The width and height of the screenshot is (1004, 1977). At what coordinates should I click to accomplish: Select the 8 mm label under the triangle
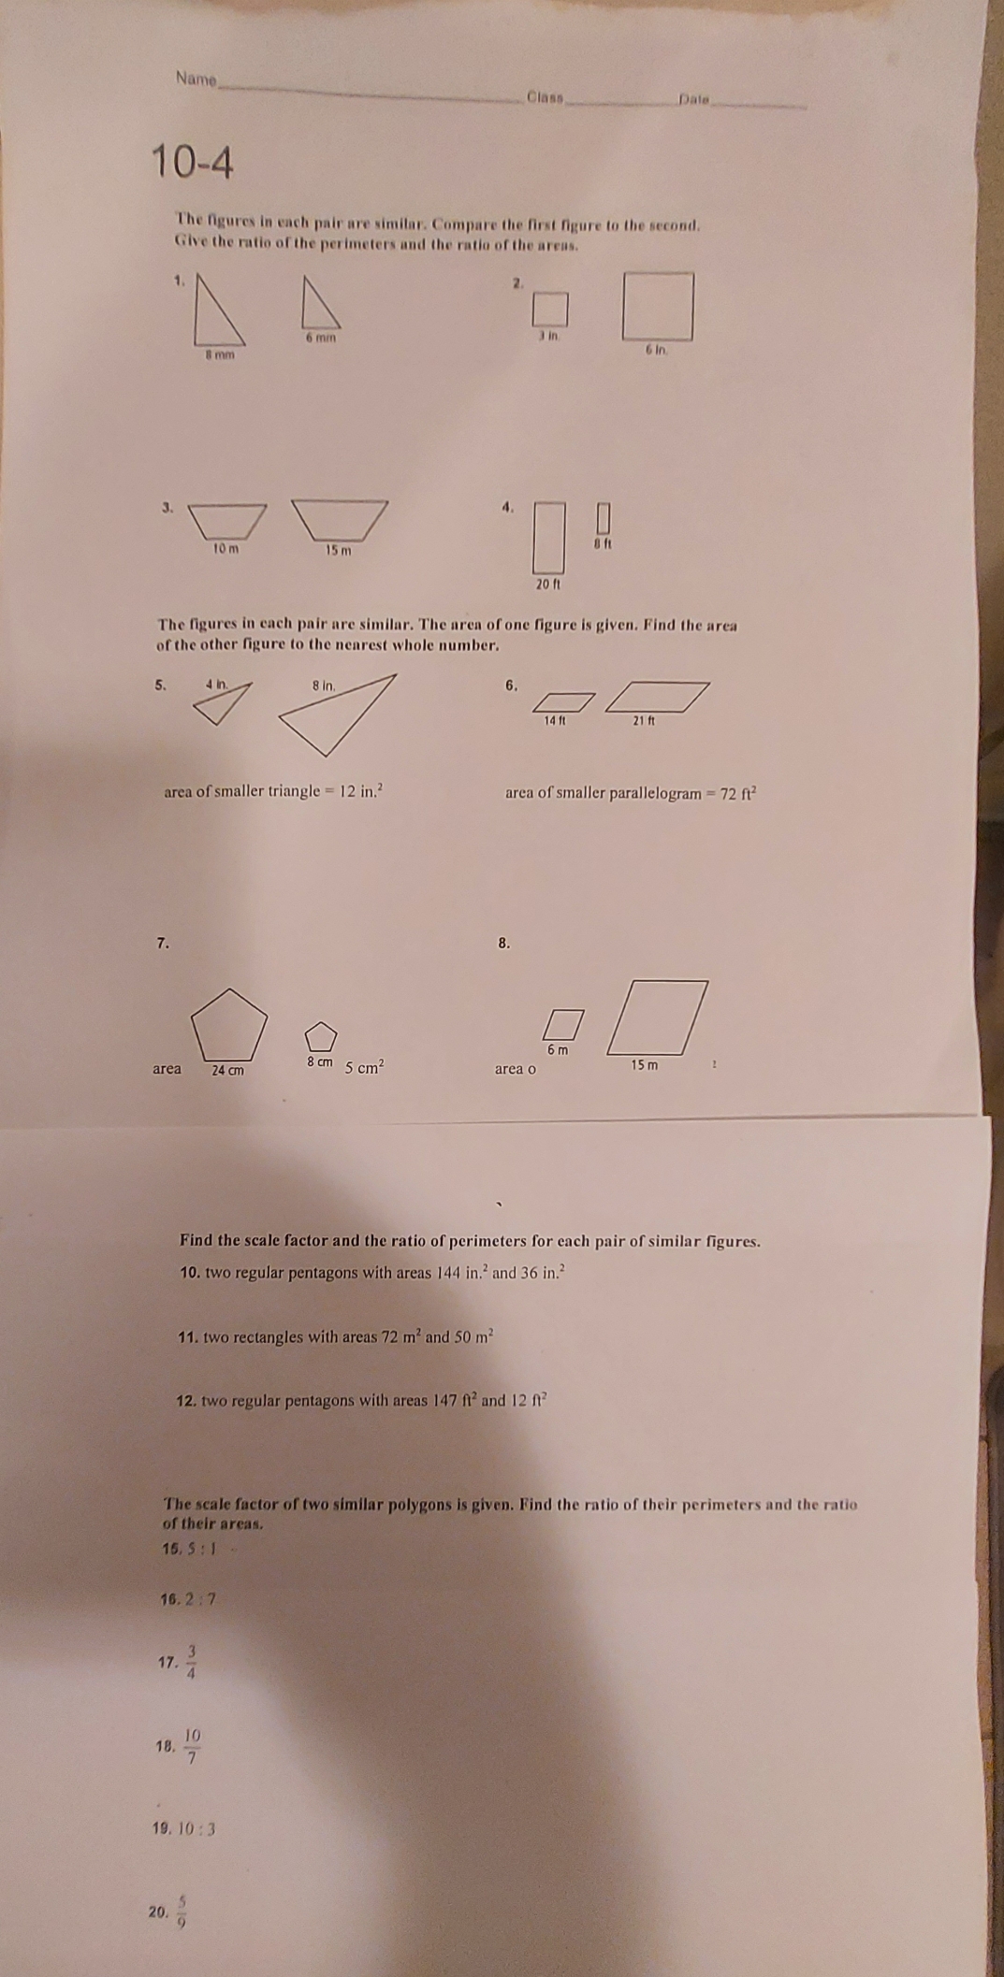pos(221,355)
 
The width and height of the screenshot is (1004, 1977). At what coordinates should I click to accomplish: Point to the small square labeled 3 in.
pos(551,307)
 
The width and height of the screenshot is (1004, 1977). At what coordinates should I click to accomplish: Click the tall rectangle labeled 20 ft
pos(550,537)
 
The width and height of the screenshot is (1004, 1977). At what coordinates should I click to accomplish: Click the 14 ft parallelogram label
pos(556,720)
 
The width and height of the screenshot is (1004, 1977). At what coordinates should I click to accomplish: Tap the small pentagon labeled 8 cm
pos(320,1036)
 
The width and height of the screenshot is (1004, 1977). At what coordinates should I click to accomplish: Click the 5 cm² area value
pos(365,1067)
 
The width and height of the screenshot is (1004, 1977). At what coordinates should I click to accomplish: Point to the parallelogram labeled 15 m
pos(659,1017)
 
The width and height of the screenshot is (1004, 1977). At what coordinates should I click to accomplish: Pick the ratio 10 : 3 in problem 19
pos(197,1828)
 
